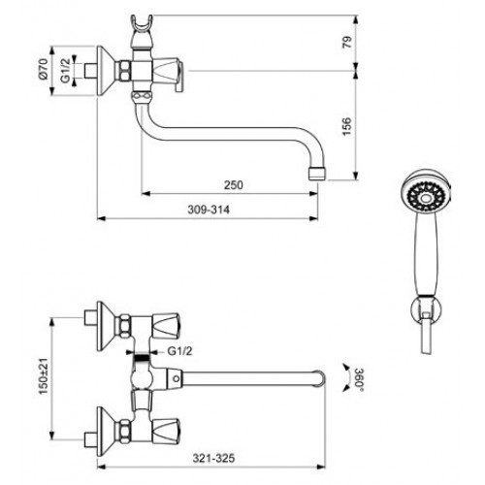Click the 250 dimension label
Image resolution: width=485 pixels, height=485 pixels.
pyautogui.click(x=234, y=185)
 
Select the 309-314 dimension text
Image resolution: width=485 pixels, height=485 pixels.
pyautogui.click(x=209, y=210)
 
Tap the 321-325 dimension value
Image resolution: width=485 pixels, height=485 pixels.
pyautogui.click(x=213, y=458)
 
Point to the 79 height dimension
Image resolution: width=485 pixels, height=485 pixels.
pyautogui.click(x=346, y=43)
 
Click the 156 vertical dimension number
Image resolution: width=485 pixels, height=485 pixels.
pyautogui.click(x=346, y=126)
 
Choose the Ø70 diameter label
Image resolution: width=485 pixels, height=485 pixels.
pyautogui.click(x=44, y=69)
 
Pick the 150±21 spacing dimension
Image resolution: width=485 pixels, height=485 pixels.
pyautogui.click(x=44, y=375)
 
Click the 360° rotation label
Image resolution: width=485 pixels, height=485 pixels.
pyautogui.click(x=359, y=379)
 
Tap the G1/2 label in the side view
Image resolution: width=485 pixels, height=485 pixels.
pyautogui.click(x=66, y=71)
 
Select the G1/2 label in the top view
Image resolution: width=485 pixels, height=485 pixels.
pyautogui.click(x=179, y=351)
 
